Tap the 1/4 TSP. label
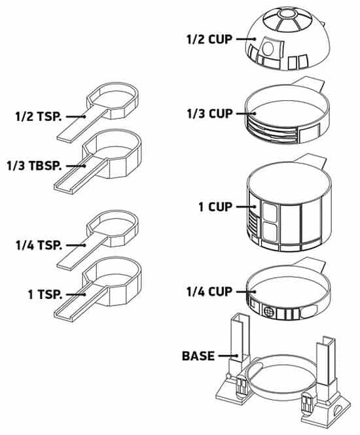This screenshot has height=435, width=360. [39, 245]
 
